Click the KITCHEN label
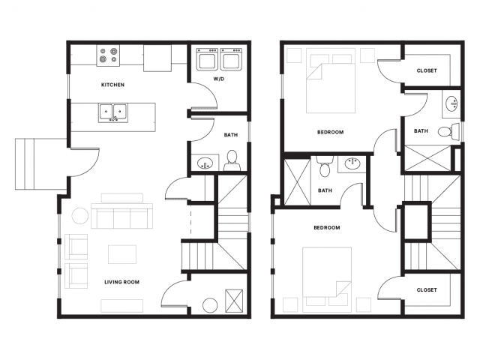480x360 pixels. tap(112, 85)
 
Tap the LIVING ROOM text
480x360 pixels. tap(121, 282)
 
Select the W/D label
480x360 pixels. tap(218, 79)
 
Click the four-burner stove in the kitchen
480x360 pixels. tap(108, 55)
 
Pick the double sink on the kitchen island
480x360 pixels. tap(113, 113)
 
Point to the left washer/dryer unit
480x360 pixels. tap(207, 59)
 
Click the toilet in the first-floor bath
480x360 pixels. tap(232, 160)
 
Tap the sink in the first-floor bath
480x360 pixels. tap(205, 163)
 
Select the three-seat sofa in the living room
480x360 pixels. tap(121, 216)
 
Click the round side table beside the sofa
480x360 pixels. tap(80, 216)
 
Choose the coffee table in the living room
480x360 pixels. tap(122, 254)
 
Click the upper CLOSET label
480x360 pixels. tap(427, 70)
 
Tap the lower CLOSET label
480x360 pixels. tap(427, 290)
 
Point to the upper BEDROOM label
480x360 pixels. tap(330, 132)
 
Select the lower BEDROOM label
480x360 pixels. tap(327, 228)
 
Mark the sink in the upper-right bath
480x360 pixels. tap(451, 104)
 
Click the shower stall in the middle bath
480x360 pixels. tap(297, 182)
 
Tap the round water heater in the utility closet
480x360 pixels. tap(210, 305)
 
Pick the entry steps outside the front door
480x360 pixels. tap(41, 163)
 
